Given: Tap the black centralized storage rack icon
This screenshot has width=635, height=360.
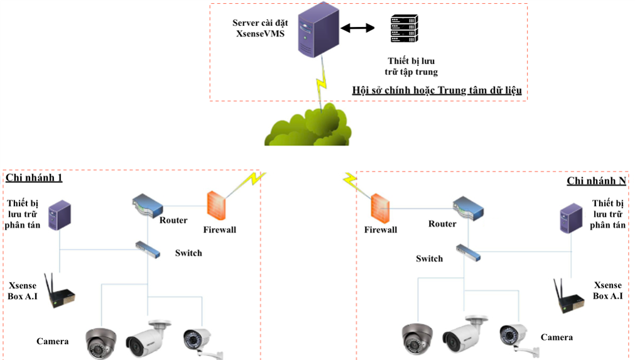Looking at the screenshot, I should coord(402,30).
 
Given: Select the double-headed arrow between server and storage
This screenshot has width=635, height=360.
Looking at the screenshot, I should coord(357,28).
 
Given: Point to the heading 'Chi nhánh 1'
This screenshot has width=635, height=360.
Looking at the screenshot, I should coord(34,178).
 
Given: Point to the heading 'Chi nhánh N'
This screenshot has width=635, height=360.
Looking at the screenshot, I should coord(596,181).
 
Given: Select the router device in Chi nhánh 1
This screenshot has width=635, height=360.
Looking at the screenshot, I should coord(148,205).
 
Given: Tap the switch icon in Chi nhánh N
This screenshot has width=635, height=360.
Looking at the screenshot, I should coord(467,252).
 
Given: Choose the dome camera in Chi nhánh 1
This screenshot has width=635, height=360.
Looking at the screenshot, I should coord(102,342).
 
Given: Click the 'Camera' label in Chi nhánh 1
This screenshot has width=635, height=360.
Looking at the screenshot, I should coord(52,341).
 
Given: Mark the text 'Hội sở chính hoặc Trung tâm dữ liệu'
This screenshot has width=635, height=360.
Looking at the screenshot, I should coord(437,91).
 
